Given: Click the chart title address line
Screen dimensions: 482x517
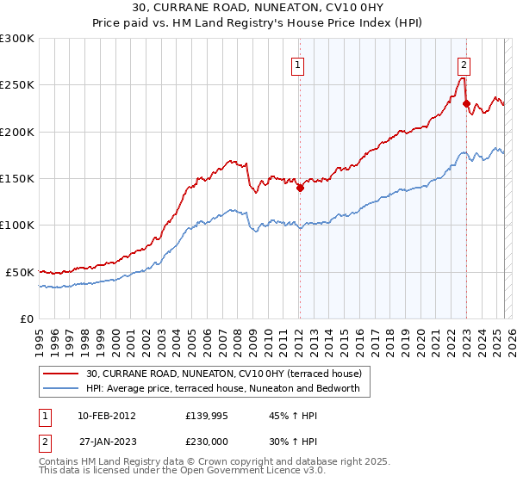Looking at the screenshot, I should [x=258, y=8].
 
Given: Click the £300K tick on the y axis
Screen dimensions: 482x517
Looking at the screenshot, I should [x=17, y=39].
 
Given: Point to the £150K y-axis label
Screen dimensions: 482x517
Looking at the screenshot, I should [x=17, y=179].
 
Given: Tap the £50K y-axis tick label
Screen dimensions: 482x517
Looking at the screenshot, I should [x=21, y=272].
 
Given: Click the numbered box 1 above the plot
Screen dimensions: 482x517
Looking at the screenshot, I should [x=297, y=64].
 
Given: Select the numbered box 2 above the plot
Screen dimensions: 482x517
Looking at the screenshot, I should [x=464, y=64].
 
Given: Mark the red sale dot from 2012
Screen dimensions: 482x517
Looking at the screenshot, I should [x=300, y=188].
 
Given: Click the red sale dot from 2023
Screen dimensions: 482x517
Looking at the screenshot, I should [x=466, y=104].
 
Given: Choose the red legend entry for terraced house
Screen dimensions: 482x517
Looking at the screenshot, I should [x=228, y=374].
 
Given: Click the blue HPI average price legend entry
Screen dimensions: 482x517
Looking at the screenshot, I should [x=228, y=388].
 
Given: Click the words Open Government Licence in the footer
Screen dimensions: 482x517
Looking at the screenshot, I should [x=238, y=472].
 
